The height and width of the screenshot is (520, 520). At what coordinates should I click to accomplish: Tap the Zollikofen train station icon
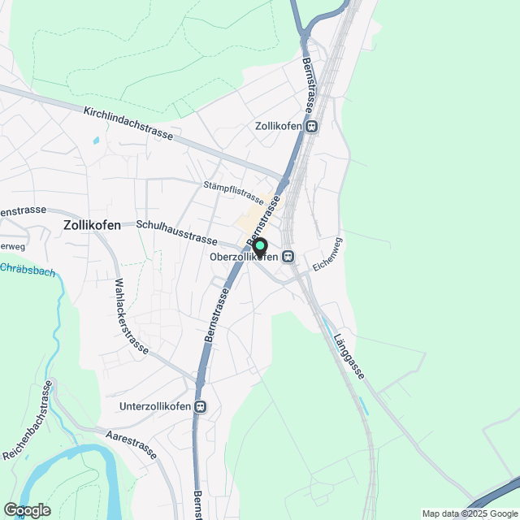pyautogui.click(x=312, y=127)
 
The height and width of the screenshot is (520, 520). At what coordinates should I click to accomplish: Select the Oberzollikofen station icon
pyautogui.click(x=288, y=257)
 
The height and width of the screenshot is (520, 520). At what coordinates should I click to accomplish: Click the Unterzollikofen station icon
pyautogui.click(x=201, y=406)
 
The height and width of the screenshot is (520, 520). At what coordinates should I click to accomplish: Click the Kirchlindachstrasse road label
pyautogui.click(x=128, y=123)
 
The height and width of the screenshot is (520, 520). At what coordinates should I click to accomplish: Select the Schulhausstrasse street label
pyautogui.click(x=176, y=232)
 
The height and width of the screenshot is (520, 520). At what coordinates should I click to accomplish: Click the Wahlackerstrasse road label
pyautogui.click(x=131, y=317)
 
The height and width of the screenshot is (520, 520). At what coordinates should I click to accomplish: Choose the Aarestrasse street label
pyautogui.click(x=132, y=446)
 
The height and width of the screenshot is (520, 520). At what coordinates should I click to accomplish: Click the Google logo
pyautogui.click(x=26, y=510)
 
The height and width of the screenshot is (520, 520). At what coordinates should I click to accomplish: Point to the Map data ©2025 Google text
pyautogui.click(x=468, y=513)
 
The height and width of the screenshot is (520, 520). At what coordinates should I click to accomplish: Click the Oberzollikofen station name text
pyautogui.click(x=244, y=257)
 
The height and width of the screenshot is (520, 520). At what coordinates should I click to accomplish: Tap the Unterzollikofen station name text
pyautogui.click(x=155, y=406)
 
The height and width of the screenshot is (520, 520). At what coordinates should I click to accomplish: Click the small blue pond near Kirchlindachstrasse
pyautogui.click(x=96, y=140)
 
